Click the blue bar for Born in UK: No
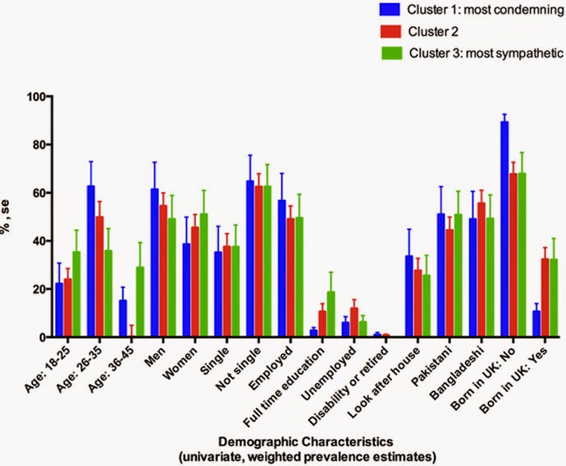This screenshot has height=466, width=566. point(504,230)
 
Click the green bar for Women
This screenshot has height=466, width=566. point(203,275)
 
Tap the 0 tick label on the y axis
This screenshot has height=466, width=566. point(37,337)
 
